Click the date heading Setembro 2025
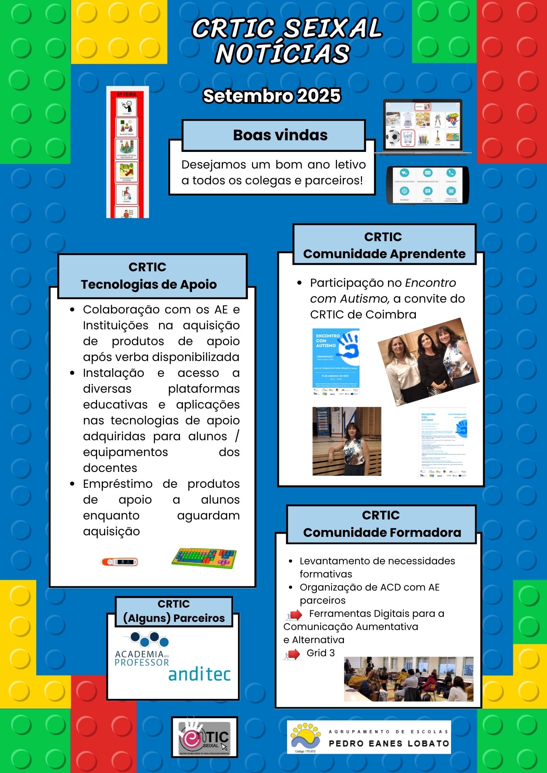pyautogui.click(x=272, y=96)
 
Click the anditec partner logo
pyautogui.click(x=199, y=674)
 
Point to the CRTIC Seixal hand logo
pyautogui.click(x=204, y=737)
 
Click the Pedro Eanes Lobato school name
pyautogui.click(x=389, y=743)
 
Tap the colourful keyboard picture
pyautogui.click(x=204, y=558)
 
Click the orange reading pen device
pyautogui.click(x=119, y=562)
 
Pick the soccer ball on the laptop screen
pyautogui.click(x=393, y=137)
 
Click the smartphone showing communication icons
pyautogui.click(x=427, y=185)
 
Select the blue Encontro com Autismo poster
pyautogui.click(x=336, y=362)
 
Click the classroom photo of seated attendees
pyautogui.click(x=409, y=679)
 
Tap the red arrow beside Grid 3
pyautogui.click(x=293, y=654)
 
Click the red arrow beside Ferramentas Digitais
pyautogui.click(x=295, y=615)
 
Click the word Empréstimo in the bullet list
pyautogui.click(x=118, y=484)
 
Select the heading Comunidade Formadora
pyautogui.click(x=382, y=533)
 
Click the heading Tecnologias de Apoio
pyautogui.click(x=149, y=284)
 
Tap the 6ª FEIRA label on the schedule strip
pyautogui.click(x=127, y=94)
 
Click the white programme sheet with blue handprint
pyautogui.click(x=443, y=442)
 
